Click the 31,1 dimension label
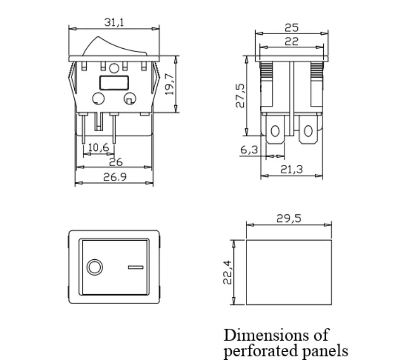point(114,22)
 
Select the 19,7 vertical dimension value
point(170,84)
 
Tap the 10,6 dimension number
point(99,147)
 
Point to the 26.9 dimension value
point(115,177)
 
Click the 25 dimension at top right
point(292,27)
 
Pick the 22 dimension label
point(292,41)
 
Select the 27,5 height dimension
point(240,95)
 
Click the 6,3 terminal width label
point(249,150)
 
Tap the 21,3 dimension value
point(292,170)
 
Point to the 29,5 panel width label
point(289,218)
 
